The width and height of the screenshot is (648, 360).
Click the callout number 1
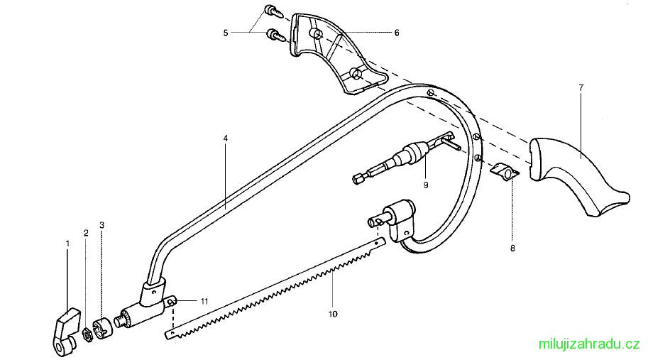point(67,244)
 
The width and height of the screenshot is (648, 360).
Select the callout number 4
point(225,138)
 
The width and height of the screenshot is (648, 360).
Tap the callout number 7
point(581,87)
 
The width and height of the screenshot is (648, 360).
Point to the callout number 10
point(333,314)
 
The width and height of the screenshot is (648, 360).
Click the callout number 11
point(204,302)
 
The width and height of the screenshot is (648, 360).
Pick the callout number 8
point(512,249)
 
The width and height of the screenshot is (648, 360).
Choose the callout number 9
point(426,185)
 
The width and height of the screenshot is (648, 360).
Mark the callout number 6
point(397,33)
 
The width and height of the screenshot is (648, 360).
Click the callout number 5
point(226,33)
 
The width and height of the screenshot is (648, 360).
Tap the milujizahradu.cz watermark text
point(589,344)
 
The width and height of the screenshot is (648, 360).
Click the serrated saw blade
point(275,288)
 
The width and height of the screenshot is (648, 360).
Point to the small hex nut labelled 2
point(87,334)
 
